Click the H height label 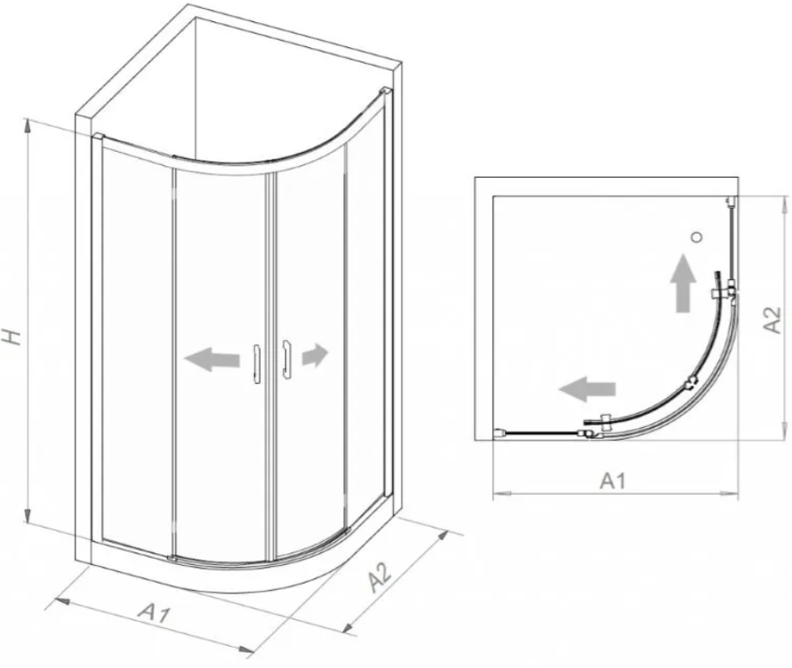pos(12,337)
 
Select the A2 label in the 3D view pos(380,577)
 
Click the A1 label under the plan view pos(612,481)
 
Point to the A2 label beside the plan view pos(772,320)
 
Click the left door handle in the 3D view pos(257,364)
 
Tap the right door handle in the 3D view pos(287,360)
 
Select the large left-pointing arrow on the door pos(212,359)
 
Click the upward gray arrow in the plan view pos(684,282)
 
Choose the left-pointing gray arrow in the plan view pos(587,389)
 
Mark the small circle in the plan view pos(698,236)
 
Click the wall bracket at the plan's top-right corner pos(731,202)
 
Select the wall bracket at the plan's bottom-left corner pos(500,433)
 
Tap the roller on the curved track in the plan pos(691,385)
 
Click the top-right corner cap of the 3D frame pos(386,91)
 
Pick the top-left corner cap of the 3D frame pos(97,137)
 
